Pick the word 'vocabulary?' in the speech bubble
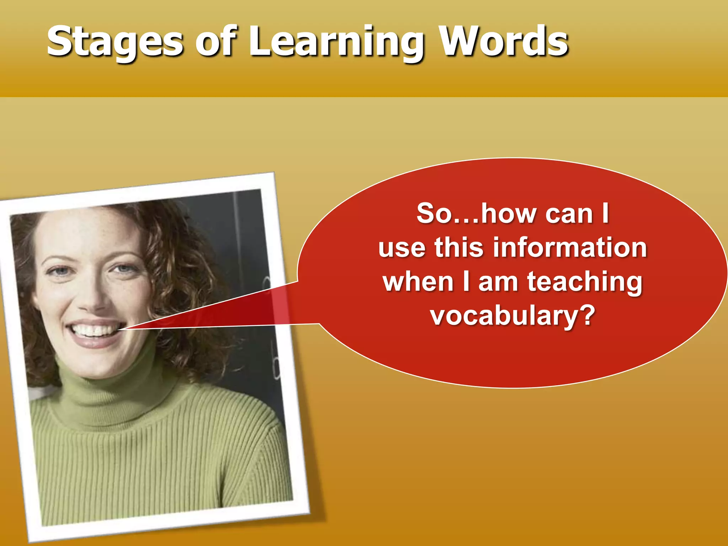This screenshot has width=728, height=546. click(x=513, y=315)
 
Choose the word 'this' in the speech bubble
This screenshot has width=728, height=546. click(x=459, y=248)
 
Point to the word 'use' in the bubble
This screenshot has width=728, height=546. click(x=402, y=248)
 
